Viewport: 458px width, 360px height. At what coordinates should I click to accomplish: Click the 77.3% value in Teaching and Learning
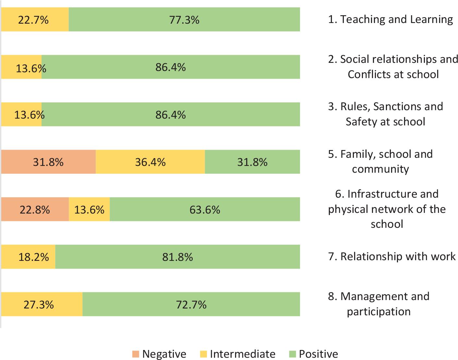[x=184, y=20]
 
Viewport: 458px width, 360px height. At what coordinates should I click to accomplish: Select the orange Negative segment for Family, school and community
[x=48, y=162]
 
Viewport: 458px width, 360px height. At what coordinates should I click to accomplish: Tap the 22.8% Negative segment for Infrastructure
[x=35, y=210]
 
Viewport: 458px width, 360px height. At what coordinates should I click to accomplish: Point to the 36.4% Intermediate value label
[x=150, y=162]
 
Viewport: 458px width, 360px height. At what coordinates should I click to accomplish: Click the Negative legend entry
[x=159, y=354]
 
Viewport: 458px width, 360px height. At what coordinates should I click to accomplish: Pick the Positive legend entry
[x=313, y=354]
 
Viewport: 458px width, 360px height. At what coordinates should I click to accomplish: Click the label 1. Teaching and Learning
[x=390, y=19]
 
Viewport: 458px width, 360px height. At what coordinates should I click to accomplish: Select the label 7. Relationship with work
[x=392, y=256]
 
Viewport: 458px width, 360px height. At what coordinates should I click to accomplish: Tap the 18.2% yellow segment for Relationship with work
[x=28, y=257]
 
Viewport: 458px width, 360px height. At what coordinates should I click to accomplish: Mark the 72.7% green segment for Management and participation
[x=191, y=305]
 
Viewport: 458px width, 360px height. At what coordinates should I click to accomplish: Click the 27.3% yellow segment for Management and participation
[x=42, y=305]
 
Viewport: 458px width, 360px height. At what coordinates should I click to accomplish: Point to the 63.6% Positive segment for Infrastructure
[x=205, y=210]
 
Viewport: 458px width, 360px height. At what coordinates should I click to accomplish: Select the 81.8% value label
[x=177, y=257]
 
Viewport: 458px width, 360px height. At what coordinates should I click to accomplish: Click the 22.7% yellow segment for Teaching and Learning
[x=35, y=20]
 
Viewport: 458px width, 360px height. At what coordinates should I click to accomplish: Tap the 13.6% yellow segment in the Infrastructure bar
[x=89, y=210]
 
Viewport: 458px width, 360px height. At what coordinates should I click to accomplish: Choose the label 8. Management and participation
[x=379, y=304]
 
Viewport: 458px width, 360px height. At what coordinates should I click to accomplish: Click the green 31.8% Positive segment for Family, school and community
[x=252, y=162]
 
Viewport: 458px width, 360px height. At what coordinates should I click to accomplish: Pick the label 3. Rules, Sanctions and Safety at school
[x=385, y=114]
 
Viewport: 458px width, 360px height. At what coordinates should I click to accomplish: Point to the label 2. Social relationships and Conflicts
[x=393, y=66]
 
